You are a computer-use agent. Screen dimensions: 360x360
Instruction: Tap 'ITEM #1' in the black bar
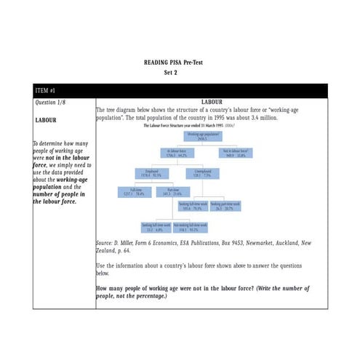47,91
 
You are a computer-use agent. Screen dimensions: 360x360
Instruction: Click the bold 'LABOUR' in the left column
47,120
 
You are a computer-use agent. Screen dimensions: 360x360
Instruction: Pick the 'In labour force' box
177,153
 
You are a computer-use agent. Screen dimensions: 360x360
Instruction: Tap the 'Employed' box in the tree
147,173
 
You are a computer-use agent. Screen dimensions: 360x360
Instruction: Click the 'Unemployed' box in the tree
198,173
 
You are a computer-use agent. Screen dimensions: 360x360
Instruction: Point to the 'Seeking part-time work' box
226,207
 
